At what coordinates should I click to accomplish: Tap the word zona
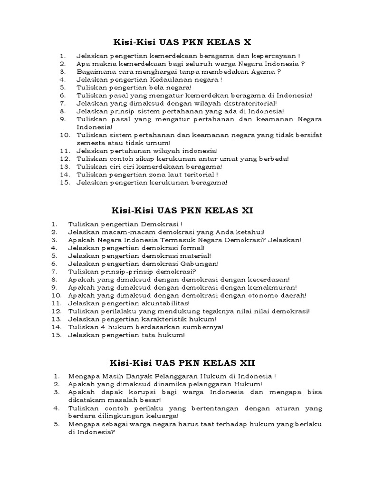162,175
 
